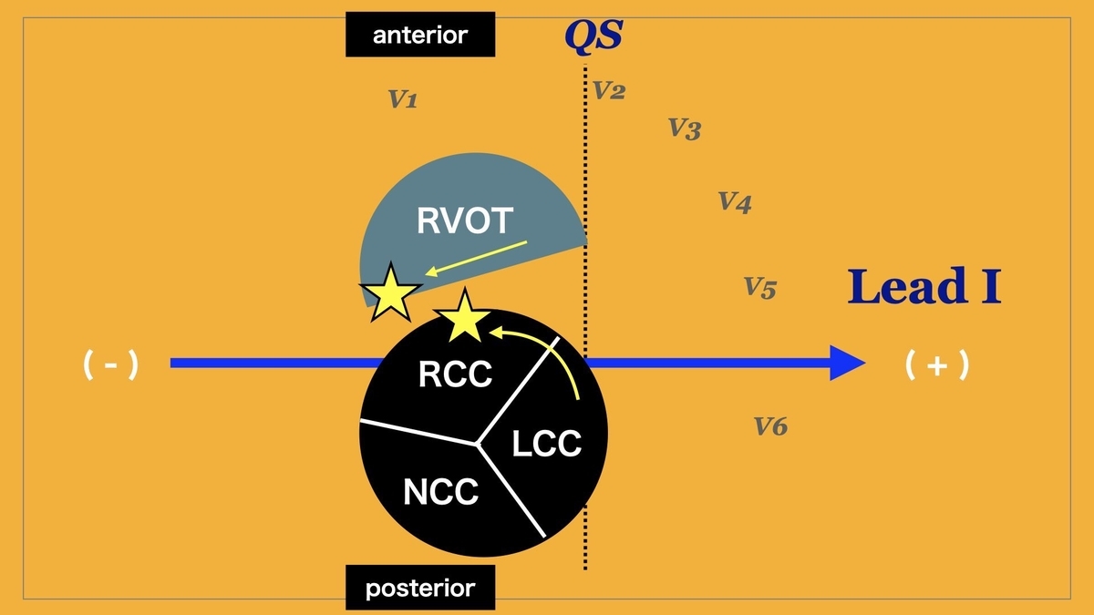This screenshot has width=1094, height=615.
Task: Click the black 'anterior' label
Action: pos(420,35)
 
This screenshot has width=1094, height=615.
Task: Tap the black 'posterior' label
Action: pos(420,588)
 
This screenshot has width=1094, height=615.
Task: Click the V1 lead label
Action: pos(403,99)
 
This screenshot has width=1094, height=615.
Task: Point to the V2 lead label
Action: pos(609,91)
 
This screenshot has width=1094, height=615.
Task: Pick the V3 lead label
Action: pos(685,128)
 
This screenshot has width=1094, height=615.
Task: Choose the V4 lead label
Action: pos(735,201)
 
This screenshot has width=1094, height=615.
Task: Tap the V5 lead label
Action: pos(760,289)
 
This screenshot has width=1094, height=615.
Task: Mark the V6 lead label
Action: pos(771,425)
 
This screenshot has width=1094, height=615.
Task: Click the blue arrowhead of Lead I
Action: pos(847,363)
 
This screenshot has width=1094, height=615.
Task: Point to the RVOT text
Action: pos(466,220)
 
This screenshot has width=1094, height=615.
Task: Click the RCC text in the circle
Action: pos(455,374)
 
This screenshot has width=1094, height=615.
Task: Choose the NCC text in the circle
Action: pos(440,492)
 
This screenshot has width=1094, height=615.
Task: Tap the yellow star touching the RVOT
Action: pos(391,292)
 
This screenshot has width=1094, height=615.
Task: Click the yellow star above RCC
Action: pos(465,317)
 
